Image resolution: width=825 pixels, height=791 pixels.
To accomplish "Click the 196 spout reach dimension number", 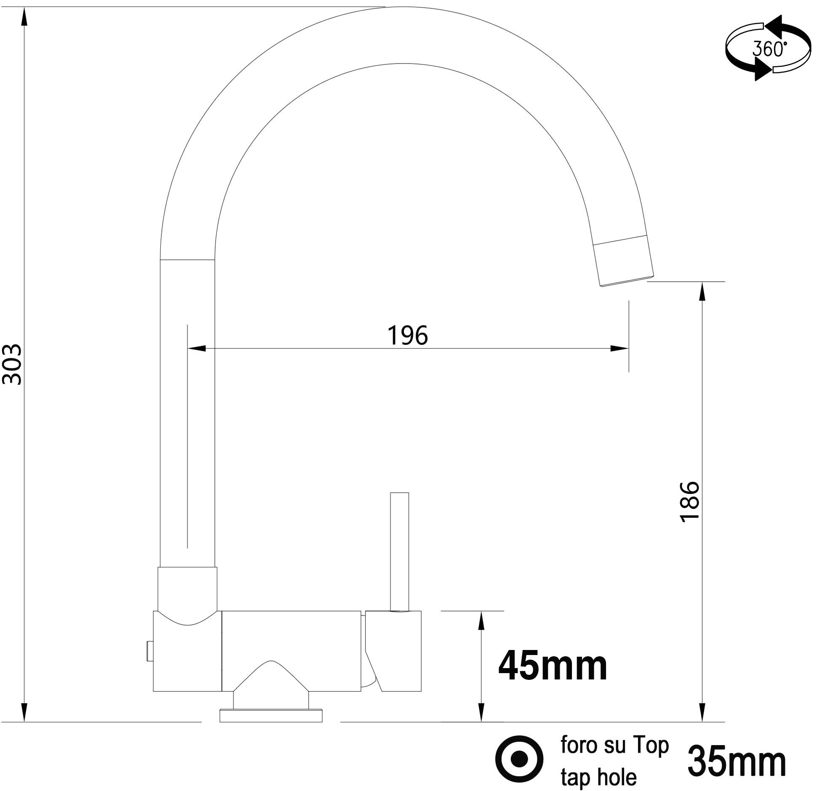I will coord(407,336).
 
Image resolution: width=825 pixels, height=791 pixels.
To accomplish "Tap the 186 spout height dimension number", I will coord(690,502).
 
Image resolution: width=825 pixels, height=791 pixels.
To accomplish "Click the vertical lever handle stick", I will coord(399,551).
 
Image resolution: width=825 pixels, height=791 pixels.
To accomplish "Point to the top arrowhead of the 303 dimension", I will coord(24,17).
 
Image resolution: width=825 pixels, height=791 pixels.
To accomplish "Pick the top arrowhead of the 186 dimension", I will coord(702,291).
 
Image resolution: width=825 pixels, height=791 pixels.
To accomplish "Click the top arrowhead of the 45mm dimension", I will coord(482,621).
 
